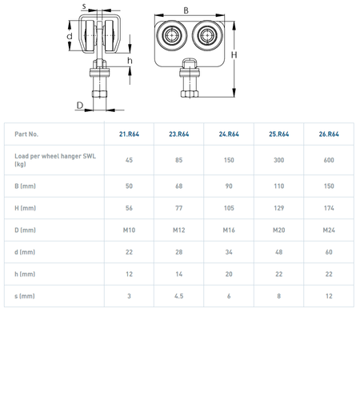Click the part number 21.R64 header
(x=129, y=134)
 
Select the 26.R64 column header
(x=329, y=134)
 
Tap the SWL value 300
(x=278, y=160)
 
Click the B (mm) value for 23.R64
(x=179, y=186)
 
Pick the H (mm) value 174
(x=329, y=208)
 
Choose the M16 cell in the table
(x=229, y=230)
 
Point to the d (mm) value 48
(x=278, y=252)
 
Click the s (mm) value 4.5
(x=179, y=296)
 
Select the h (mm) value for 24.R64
(x=229, y=274)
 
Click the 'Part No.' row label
(x=26, y=134)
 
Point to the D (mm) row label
(x=25, y=230)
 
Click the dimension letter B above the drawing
(x=186, y=10)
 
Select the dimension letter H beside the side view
(x=234, y=55)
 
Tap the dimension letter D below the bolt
(x=80, y=106)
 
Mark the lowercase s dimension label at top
(x=84, y=6)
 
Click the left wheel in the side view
(x=172, y=35)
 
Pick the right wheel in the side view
(x=207, y=35)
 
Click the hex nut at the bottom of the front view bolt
(x=99, y=94)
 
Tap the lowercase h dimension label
(x=130, y=61)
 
